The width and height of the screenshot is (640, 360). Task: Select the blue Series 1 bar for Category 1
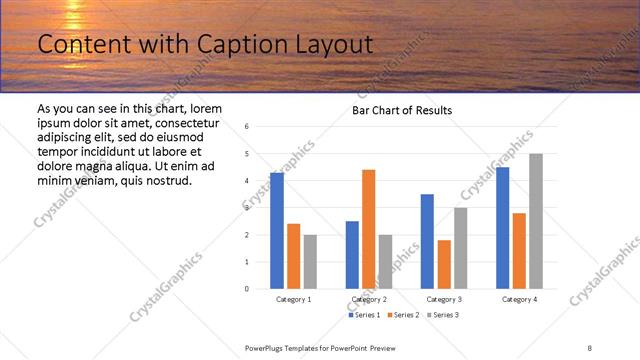coord(276,230)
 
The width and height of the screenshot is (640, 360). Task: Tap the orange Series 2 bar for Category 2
coord(368,229)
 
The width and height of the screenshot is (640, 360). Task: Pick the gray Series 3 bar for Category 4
coord(536,221)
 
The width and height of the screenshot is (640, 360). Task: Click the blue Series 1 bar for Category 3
coord(427,241)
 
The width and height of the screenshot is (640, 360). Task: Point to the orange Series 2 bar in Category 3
coord(444,264)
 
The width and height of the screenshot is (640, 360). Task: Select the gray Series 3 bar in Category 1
coord(310,261)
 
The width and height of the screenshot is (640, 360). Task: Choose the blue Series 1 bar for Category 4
coord(502,227)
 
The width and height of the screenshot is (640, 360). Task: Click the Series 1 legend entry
coord(363,315)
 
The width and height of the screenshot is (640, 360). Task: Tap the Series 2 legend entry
coord(401,315)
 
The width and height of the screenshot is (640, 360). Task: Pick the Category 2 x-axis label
coord(368,299)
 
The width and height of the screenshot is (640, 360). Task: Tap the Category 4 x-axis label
coord(519,299)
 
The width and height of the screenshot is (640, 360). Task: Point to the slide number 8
coord(590,347)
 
